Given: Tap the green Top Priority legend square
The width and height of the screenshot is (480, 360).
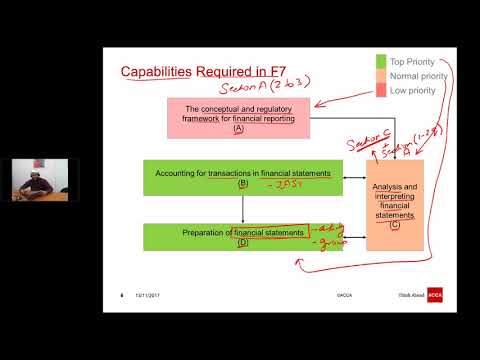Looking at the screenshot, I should tap(381, 61).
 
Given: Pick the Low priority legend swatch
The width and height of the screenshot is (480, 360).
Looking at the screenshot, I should tap(381, 90).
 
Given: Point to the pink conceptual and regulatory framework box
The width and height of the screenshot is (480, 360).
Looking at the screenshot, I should tap(238, 118).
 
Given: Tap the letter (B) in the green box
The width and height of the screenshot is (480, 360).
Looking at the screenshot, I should tap(243, 184).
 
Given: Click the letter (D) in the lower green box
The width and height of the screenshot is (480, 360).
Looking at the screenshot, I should tap(243, 243).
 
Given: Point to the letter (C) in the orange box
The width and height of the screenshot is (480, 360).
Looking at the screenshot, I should tap(395, 224).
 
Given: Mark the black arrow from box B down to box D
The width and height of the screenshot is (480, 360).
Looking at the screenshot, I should tap(243, 208).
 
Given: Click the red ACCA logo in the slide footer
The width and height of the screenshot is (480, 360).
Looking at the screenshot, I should tap(435, 295).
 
